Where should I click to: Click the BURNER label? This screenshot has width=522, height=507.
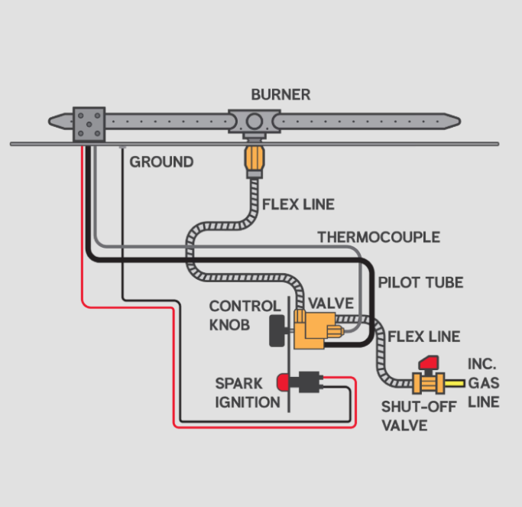[x=280, y=96]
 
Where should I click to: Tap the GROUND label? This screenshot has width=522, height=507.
[x=161, y=162]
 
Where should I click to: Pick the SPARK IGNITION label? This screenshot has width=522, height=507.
[x=247, y=392]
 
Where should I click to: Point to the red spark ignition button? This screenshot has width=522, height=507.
[x=284, y=380]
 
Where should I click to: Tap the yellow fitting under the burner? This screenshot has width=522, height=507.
[x=254, y=160]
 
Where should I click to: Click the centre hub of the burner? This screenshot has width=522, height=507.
[x=253, y=122]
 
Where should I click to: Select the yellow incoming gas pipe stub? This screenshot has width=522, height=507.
[x=455, y=381]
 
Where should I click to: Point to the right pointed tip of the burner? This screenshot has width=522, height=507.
[x=452, y=120]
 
